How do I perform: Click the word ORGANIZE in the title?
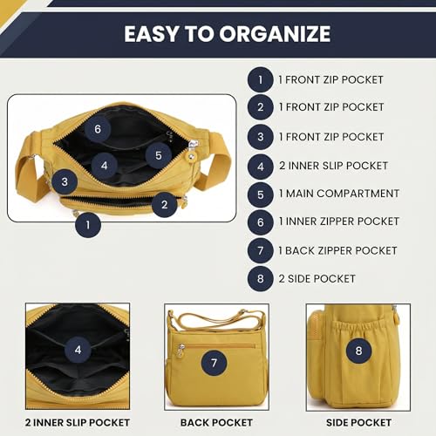[x=275, y=34]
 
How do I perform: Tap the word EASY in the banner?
[x=151, y=34]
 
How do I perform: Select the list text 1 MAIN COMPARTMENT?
[x=339, y=194]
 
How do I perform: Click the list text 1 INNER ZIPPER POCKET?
[x=339, y=221]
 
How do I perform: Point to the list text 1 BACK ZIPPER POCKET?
[x=337, y=250]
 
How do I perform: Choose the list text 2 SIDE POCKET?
[x=317, y=279]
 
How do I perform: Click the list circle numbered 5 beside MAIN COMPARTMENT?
[x=261, y=194]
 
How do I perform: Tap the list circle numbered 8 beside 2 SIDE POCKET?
[x=261, y=279]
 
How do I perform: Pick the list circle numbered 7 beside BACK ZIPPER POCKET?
[x=261, y=250]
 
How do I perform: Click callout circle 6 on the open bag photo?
[x=98, y=129]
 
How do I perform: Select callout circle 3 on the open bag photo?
[x=65, y=182]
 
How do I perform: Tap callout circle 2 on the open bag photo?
[x=165, y=205]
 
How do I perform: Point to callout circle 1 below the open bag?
[x=88, y=225]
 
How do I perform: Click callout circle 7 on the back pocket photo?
[x=215, y=363]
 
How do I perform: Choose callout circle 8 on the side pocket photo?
[x=358, y=351]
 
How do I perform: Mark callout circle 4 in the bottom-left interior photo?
[x=78, y=350]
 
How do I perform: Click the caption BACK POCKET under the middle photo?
[x=216, y=423]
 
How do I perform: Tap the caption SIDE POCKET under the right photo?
[x=358, y=423]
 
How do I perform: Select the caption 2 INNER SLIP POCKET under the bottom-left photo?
[x=78, y=423]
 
